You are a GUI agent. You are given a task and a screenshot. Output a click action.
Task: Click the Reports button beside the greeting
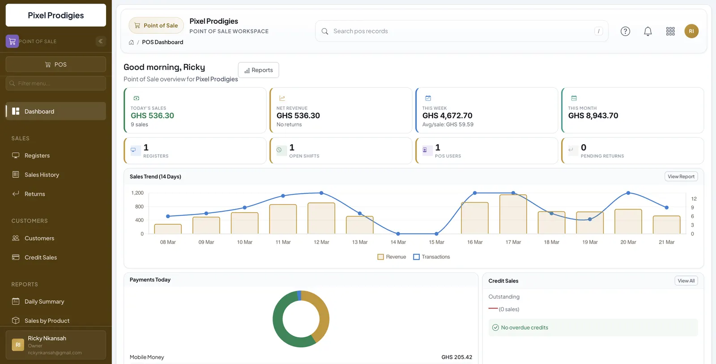pos(258,70)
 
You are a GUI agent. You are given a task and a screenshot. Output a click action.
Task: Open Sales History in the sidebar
pos(42,175)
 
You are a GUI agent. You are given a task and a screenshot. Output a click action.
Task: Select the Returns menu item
pos(34,194)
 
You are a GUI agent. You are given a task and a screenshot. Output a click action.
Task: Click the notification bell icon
pos(648,31)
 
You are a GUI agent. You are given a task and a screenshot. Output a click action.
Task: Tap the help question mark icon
pos(625,31)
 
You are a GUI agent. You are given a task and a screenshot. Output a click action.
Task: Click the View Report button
pos(681,176)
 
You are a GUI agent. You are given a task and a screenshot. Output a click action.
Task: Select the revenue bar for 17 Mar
pos(513,214)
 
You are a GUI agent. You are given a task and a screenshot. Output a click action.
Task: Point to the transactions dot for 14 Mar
pos(398,234)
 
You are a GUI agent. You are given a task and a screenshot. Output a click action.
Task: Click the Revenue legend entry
pos(392,257)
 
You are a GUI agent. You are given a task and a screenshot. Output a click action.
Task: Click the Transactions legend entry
pos(431,257)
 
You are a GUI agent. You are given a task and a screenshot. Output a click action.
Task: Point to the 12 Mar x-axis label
pos(321,242)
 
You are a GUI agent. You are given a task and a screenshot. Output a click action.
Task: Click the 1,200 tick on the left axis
pos(137,193)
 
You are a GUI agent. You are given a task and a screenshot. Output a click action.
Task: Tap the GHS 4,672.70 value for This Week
pos(447,116)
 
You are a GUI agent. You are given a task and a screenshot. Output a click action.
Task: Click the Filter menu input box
pos(56,83)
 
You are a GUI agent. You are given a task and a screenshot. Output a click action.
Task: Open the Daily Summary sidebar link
pos(44,301)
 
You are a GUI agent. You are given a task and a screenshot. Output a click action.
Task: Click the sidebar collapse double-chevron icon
pos(100,41)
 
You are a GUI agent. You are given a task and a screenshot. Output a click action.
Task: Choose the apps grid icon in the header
pos(670,31)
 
